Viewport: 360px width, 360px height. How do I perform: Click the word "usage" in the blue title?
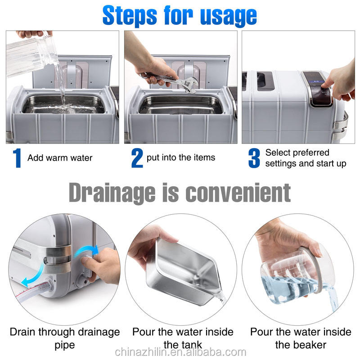pyautogui.click(x=229, y=16)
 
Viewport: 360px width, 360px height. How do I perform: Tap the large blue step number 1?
pyautogui.click(x=17, y=158)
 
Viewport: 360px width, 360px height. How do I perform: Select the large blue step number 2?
pyautogui.click(x=137, y=158)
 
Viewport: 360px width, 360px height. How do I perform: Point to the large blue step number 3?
pyautogui.click(x=254, y=158)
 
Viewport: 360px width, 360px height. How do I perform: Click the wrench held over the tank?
pyautogui.click(x=170, y=81)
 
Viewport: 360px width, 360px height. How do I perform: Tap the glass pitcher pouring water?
pyautogui.click(x=31, y=55)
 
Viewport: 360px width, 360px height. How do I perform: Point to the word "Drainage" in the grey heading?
pyautogui.click(x=112, y=193)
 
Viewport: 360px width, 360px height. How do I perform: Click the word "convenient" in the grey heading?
pyautogui.click(x=238, y=193)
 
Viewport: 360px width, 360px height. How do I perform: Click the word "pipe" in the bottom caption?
pyautogui.click(x=65, y=346)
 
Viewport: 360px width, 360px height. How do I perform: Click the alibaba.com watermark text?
pyautogui.click(x=180, y=352)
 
